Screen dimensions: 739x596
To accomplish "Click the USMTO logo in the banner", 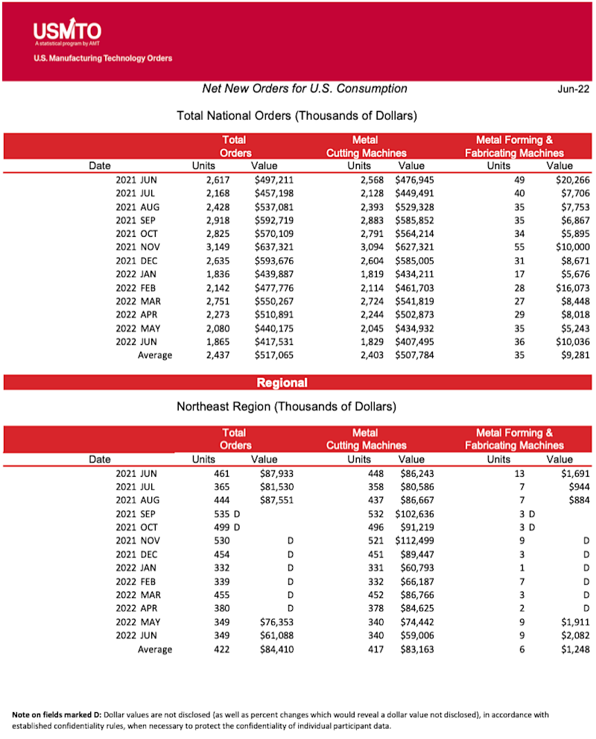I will tap(67, 32).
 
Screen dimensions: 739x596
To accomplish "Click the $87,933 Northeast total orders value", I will tap(275, 473).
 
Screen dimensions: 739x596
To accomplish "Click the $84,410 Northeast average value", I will tap(275, 650).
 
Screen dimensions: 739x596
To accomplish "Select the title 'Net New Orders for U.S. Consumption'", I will tap(305, 89).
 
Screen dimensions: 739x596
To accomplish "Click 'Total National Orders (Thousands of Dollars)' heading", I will tap(297, 116).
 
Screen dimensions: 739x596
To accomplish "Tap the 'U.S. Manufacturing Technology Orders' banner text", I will tap(103, 58).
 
